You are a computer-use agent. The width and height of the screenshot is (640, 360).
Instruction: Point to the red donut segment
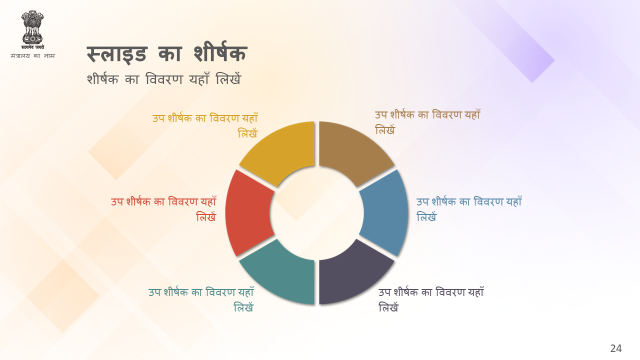coord(249,213)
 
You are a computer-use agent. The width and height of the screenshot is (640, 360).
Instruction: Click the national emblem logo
coord(32,27)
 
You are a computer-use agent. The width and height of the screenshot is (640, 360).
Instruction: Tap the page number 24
coord(615,348)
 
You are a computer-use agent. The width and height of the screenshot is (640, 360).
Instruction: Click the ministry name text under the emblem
coord(32,55)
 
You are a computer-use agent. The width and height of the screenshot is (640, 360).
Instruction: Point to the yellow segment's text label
coord(205,125)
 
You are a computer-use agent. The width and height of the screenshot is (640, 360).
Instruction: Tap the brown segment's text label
coord(427,122)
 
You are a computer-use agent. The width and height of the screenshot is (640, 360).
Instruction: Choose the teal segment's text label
coord(201,299)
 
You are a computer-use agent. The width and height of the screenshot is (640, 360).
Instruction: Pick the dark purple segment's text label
coord(431,299)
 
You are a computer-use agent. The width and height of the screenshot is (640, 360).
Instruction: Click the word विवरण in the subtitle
coord(164,79)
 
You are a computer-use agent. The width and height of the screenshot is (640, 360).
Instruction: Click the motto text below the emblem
coord(32,47)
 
